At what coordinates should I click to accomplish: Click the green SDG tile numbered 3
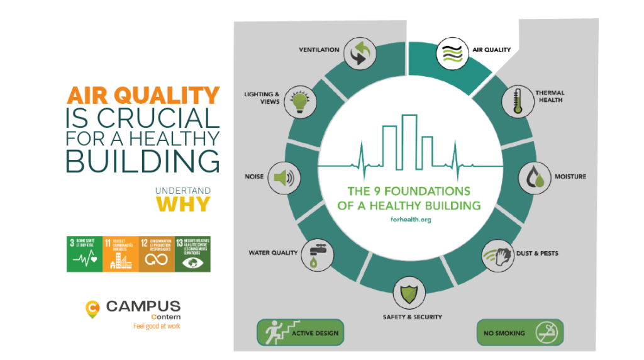coord(84,254)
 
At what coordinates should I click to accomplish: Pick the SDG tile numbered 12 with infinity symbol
coord(157,254)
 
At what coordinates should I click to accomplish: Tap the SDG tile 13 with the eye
coord(192,254)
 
